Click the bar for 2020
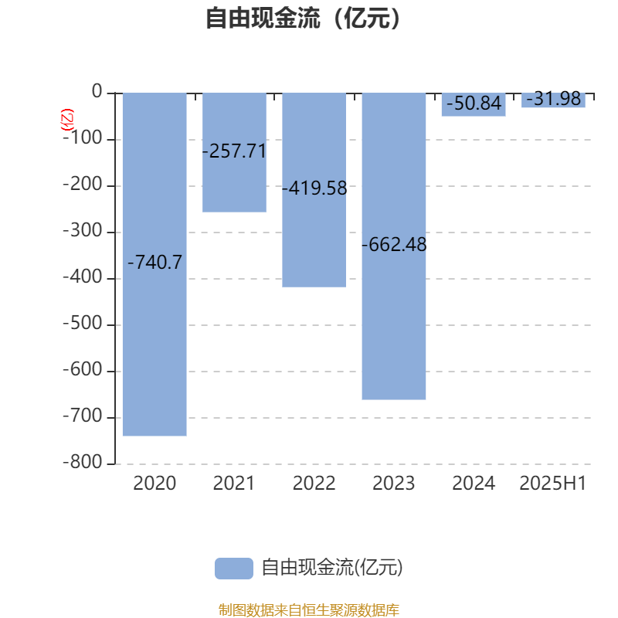pyautogui.click(x=154, y=264)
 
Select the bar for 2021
pyautogui.click(x=234, y=152)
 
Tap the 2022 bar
pyautogui.click(x=314, y=190)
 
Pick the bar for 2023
pyautogui.click(x=394, y=246)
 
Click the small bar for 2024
pyautogui.click(x=474, y=105)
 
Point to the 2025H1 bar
pyautogui.click(x=553, y=100)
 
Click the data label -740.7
pyautogui.click(x=155, y=263)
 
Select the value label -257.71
pyautogui.click(x=235, y=151)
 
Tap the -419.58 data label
pyautogui.click(x=314, y=188)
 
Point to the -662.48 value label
pyautogui.click(x=394, y=244)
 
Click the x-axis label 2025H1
pyautogui.click(x=553, y=484)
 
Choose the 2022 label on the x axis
pyautogui.click(x=314, y=484)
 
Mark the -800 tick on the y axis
pyautogui.click(x=83, y=462)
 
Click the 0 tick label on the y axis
pyautogui.click(x=97, y=91)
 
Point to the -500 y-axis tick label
pyautogui.click(x=83, y=323)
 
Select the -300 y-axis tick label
pyautogui.click(x=83, y=230)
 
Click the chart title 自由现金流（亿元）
pyautogui.click(x=304, y=18)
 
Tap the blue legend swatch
pyautogui.click(x=234, y=569)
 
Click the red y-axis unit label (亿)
pyautogui.click(x=67, y=120)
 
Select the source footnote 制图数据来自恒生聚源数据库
pyautogui.click(x=308, y=610)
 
